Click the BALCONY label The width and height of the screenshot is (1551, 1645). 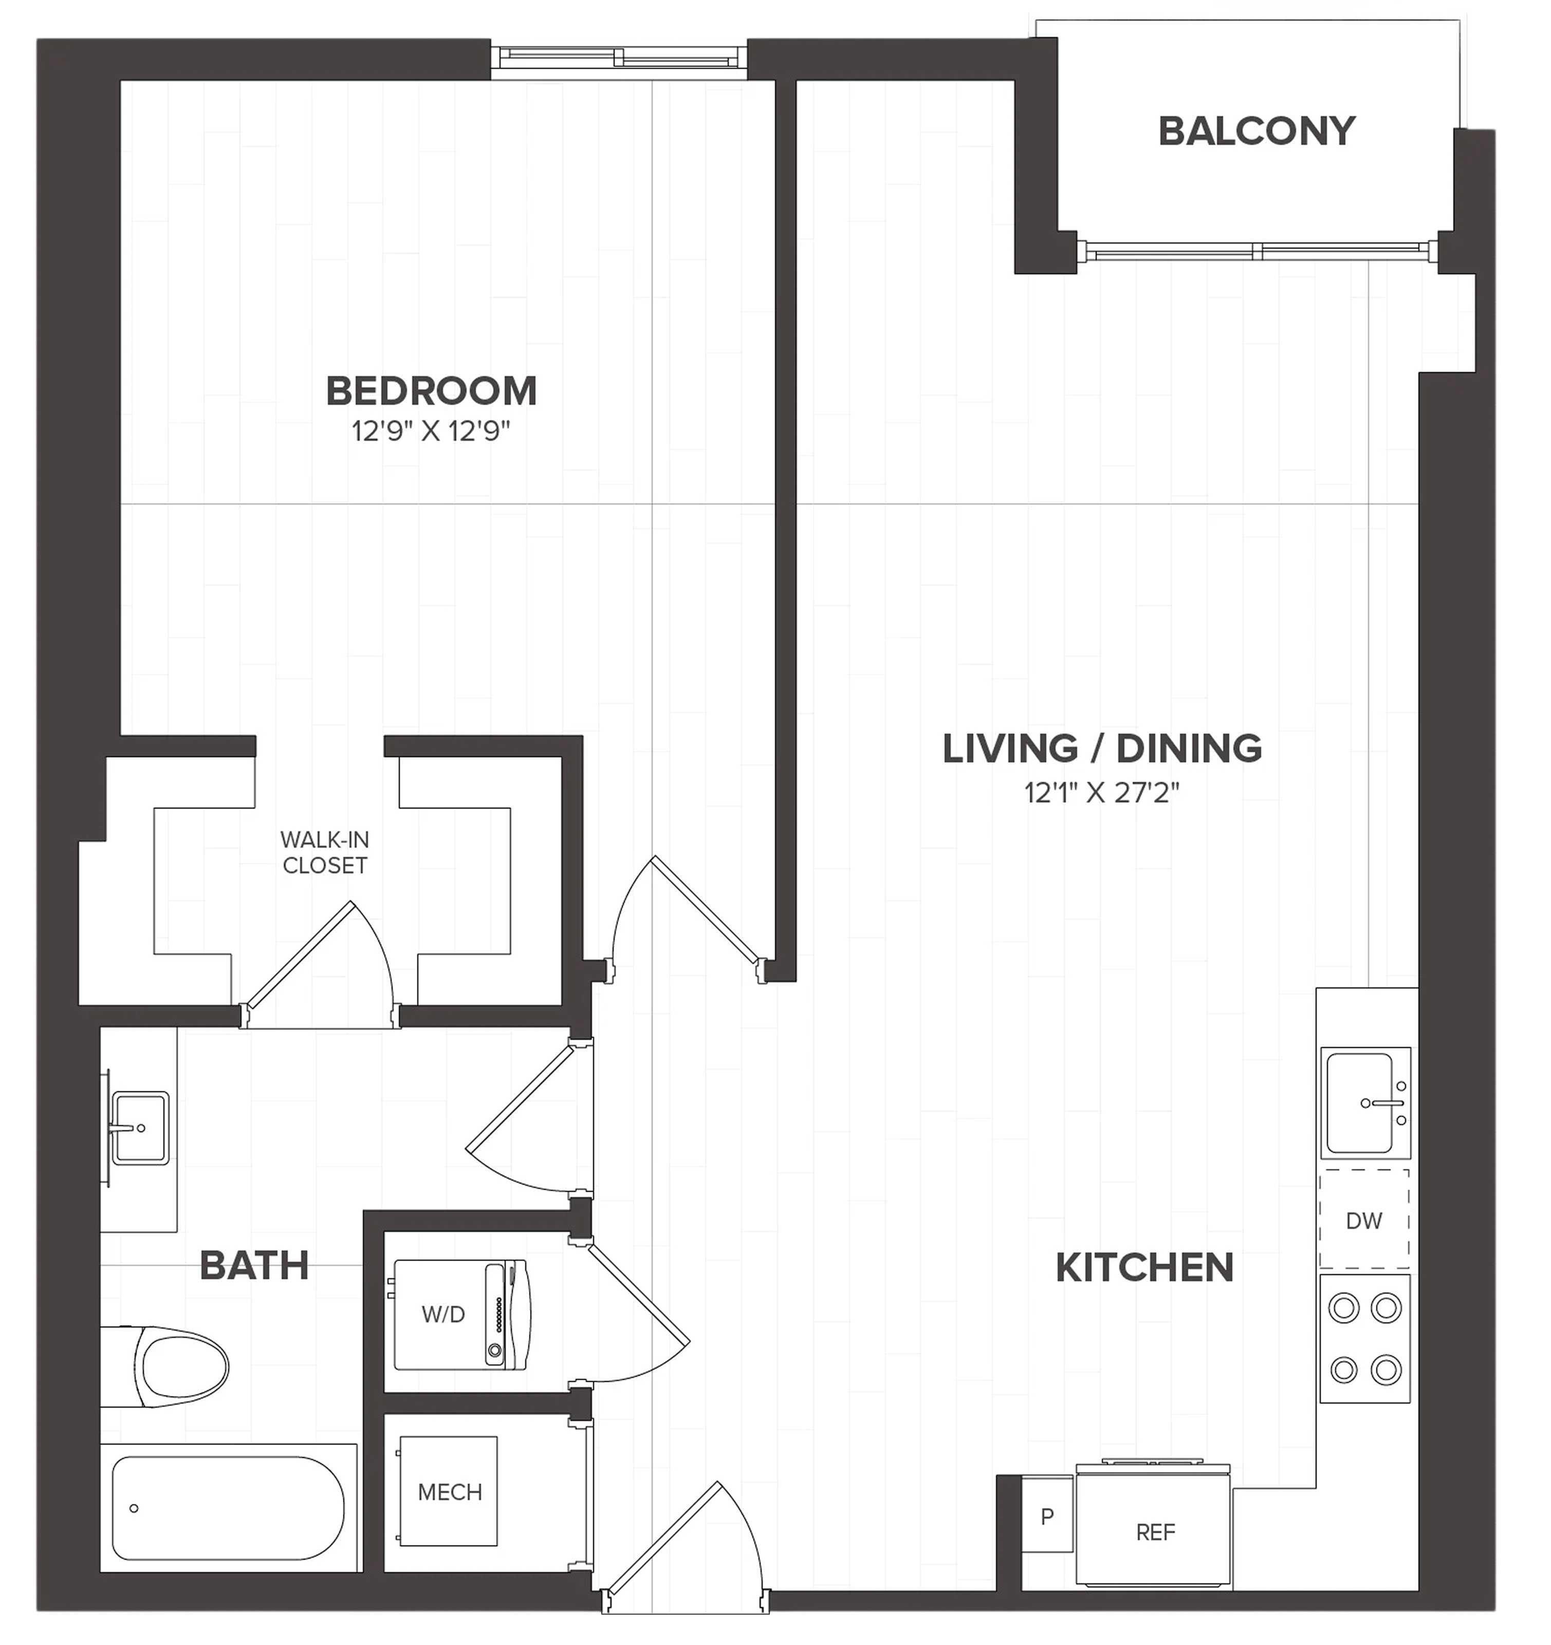pos(1257,132)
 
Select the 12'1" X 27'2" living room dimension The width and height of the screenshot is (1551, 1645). pos(1102,793)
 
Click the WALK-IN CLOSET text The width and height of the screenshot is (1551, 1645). pos(324,852)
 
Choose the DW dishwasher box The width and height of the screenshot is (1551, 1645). pos(1364,1221)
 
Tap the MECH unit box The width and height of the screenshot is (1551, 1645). pos(449,1492)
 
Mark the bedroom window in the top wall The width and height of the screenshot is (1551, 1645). pos(619,59)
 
